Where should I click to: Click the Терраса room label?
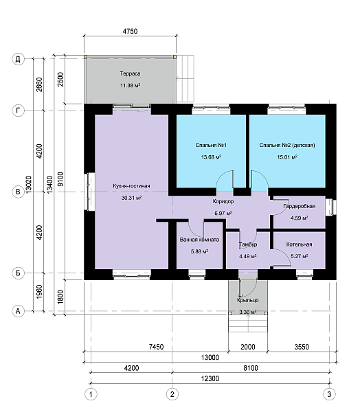(x=130, y=73)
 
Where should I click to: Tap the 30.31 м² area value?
(x=131, y=198)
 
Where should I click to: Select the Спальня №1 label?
(x=211, y=145)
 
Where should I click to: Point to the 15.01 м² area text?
(x=287, y=157)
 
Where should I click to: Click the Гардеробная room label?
(x=300, y=206)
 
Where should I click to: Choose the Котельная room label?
(x=300, y=244)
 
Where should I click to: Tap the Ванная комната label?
(x=199, y=240)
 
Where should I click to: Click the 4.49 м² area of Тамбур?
(x=248, y=256)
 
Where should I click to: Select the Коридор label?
(x=223, y=201)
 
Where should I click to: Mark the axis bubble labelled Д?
(x=18, y=59)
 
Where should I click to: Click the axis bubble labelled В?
(x=18, y=192)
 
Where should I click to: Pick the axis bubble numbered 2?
(x=172, y=394)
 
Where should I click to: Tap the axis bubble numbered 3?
(x=329, y=394)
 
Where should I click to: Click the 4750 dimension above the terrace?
(x=130, y=32)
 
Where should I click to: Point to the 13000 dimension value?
(x=210, y=358)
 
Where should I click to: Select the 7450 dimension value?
(x=156, y=347)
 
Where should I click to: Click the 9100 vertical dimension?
(x=60, y=179)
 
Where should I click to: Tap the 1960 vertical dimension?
(x=39, y=291)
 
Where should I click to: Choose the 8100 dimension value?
(x=251, y=368)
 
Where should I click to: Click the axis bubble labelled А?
(x=18, y=311)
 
